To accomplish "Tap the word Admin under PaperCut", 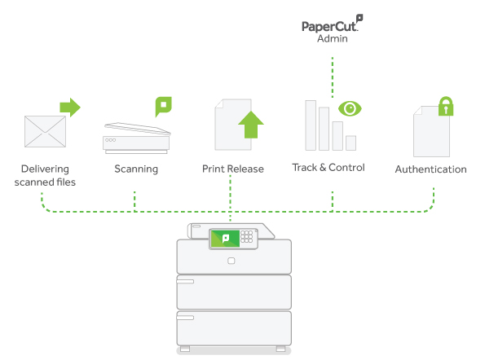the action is tap(333, 38).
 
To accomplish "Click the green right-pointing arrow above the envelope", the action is tap(70, 108).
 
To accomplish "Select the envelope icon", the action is tap(45, 131).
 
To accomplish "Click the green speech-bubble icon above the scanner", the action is tap(163, 106).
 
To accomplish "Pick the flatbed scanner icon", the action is tap(136, 138).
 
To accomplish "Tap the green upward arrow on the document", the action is tap(251, 125).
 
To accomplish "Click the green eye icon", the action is tap(350, 108).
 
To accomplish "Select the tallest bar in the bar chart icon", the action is tap(311, 125).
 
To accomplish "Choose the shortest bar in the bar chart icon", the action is tap(351, 143).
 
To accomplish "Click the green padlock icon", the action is tap(446, 106).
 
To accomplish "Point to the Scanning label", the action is tap(136, 169).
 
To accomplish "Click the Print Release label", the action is tap(233, 169).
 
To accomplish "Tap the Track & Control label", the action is tap(328, 168).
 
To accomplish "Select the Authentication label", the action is tap(431, 169).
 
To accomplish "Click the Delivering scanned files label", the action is tap(45, 175).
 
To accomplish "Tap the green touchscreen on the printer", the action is tap(225, 239).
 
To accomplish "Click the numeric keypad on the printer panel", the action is tap(246, 236).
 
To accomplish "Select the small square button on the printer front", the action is tap(231, 261).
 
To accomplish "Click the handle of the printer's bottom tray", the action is tap(185, 318).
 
